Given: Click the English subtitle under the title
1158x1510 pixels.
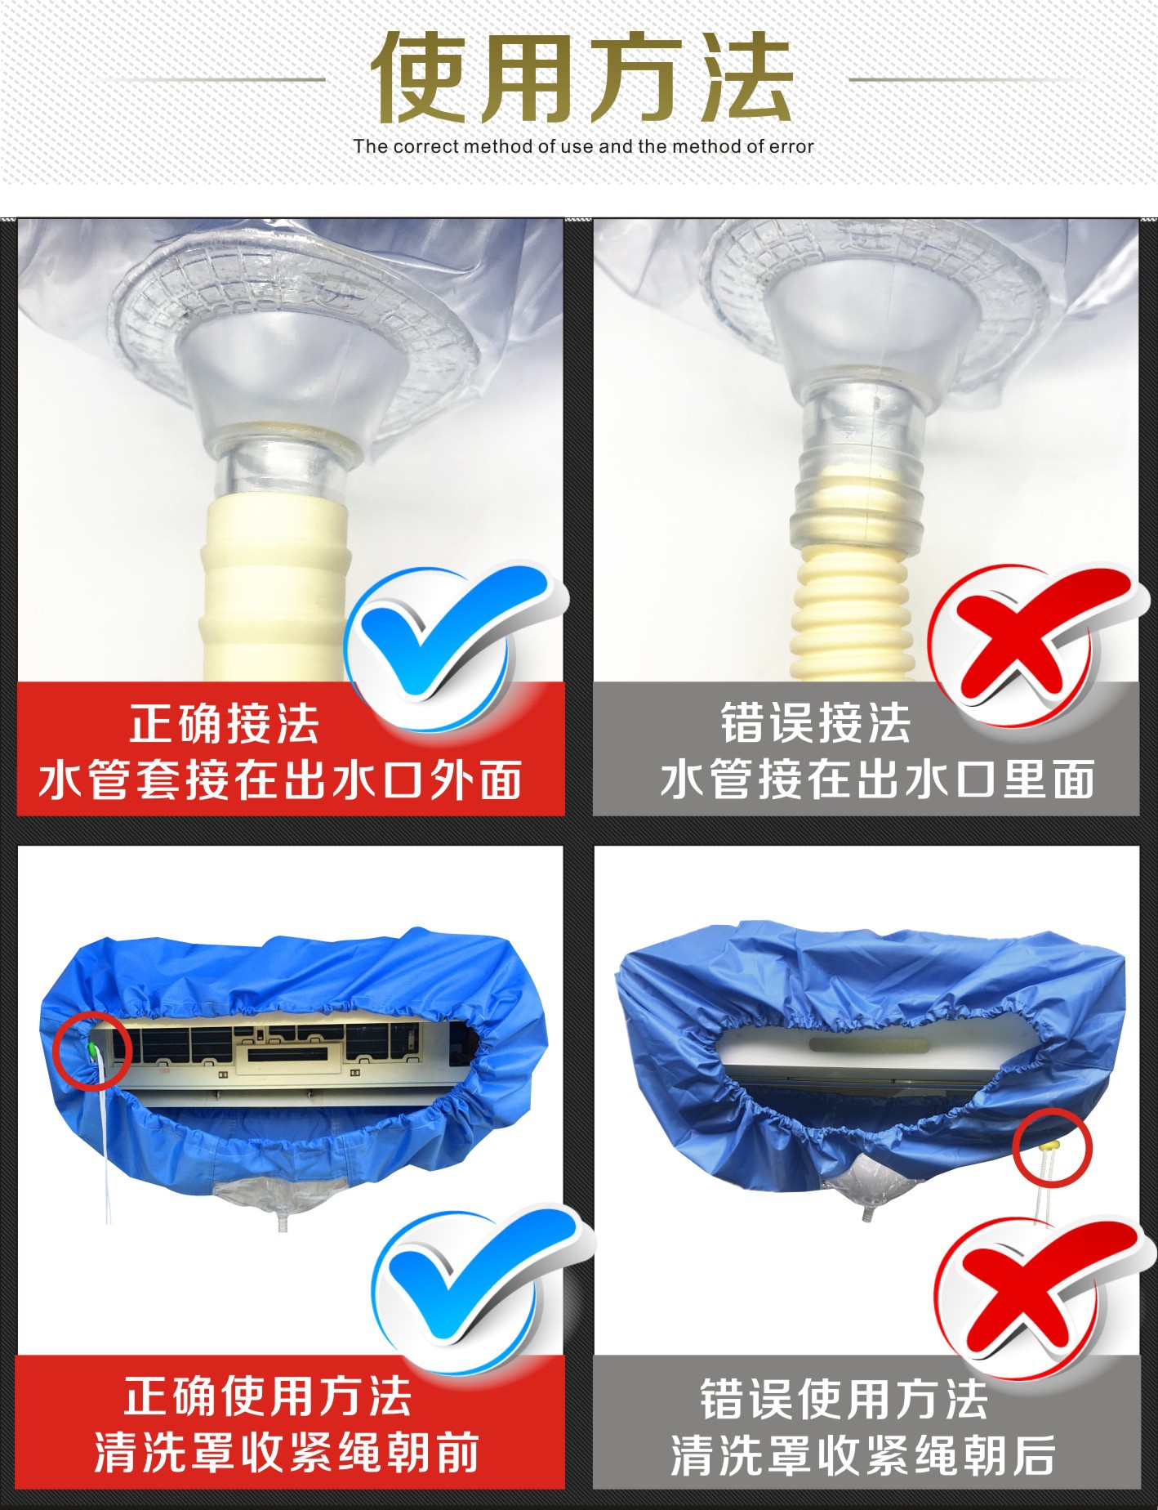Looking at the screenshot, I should tap(583, 147).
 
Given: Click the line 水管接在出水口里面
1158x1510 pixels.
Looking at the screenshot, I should tap(878, 780).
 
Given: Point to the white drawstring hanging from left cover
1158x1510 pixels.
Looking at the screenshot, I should tap(105, 1160).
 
